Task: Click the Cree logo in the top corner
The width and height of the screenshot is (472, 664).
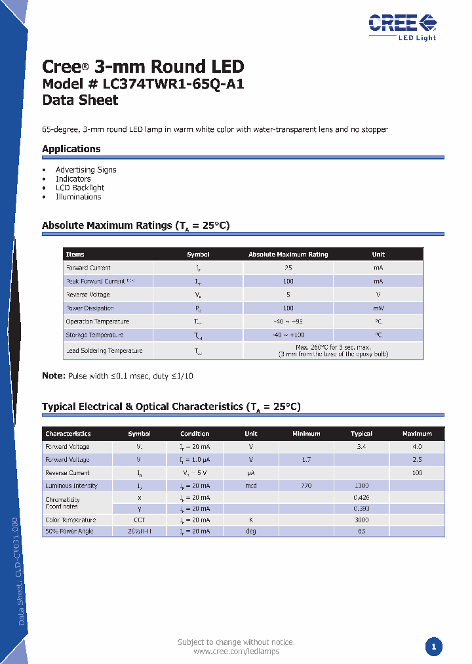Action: tap(402, 25)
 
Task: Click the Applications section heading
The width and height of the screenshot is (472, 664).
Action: tap(71, 149)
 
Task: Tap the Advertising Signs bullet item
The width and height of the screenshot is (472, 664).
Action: tap(86, 170)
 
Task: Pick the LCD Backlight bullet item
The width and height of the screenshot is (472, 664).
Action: tap(80, 188)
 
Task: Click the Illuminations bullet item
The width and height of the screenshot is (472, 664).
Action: tap(78, 197)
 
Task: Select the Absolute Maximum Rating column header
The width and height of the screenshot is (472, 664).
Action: tap(288, 255)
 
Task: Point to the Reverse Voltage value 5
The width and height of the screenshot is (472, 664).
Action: tap(288, 295)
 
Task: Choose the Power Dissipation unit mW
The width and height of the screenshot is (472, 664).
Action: tap(378, 308)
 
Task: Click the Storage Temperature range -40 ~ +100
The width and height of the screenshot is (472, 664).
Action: tap(288, 335)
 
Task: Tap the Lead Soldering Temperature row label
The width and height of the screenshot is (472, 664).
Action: tap(104, 351)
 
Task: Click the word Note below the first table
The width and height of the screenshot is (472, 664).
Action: tap(53, 376)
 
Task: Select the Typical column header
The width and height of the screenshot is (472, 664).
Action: tap(361, 434)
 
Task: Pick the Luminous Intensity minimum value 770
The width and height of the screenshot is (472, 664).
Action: tap(306, 486)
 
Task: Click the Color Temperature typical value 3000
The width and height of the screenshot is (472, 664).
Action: tap(361, 520)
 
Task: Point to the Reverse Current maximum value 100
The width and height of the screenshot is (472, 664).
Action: tap(417, 473)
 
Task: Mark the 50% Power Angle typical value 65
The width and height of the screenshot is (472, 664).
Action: tap(361, 531)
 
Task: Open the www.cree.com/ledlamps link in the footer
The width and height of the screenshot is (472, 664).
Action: tap(236, 652)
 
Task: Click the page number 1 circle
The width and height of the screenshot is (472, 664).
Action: tap(433, 648)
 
